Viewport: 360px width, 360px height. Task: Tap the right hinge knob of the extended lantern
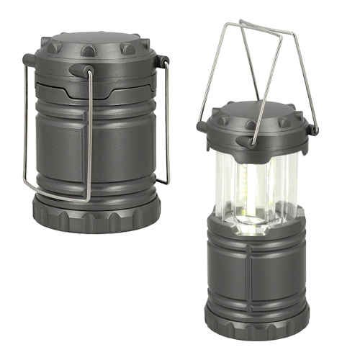coord(312,130)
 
